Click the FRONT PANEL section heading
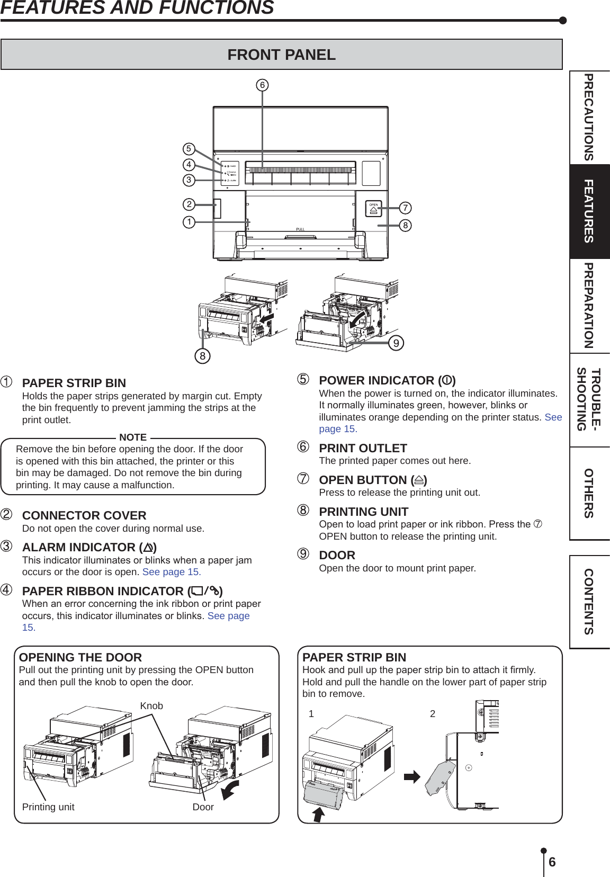[281, 55]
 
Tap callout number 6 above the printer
[262, 85]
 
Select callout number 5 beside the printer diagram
[189, 149]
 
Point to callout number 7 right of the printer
[406, 208]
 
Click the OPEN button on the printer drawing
[373, 209]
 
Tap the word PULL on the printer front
[300, 229]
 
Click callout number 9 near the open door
[396, 343]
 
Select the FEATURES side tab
[589, 211]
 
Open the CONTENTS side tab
[589, 602]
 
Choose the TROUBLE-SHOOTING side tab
[589, 399]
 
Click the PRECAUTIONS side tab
[589, 117]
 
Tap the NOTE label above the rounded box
[133, 437]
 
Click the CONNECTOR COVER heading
[84, 515]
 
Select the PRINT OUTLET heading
[363, 448]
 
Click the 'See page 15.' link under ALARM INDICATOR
[172, 572]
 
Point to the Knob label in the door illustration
[151, 706]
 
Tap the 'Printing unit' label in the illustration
[48, 807]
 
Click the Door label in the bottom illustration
[203, 807]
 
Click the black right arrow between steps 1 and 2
[412, 777]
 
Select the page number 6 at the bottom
[552, 862]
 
